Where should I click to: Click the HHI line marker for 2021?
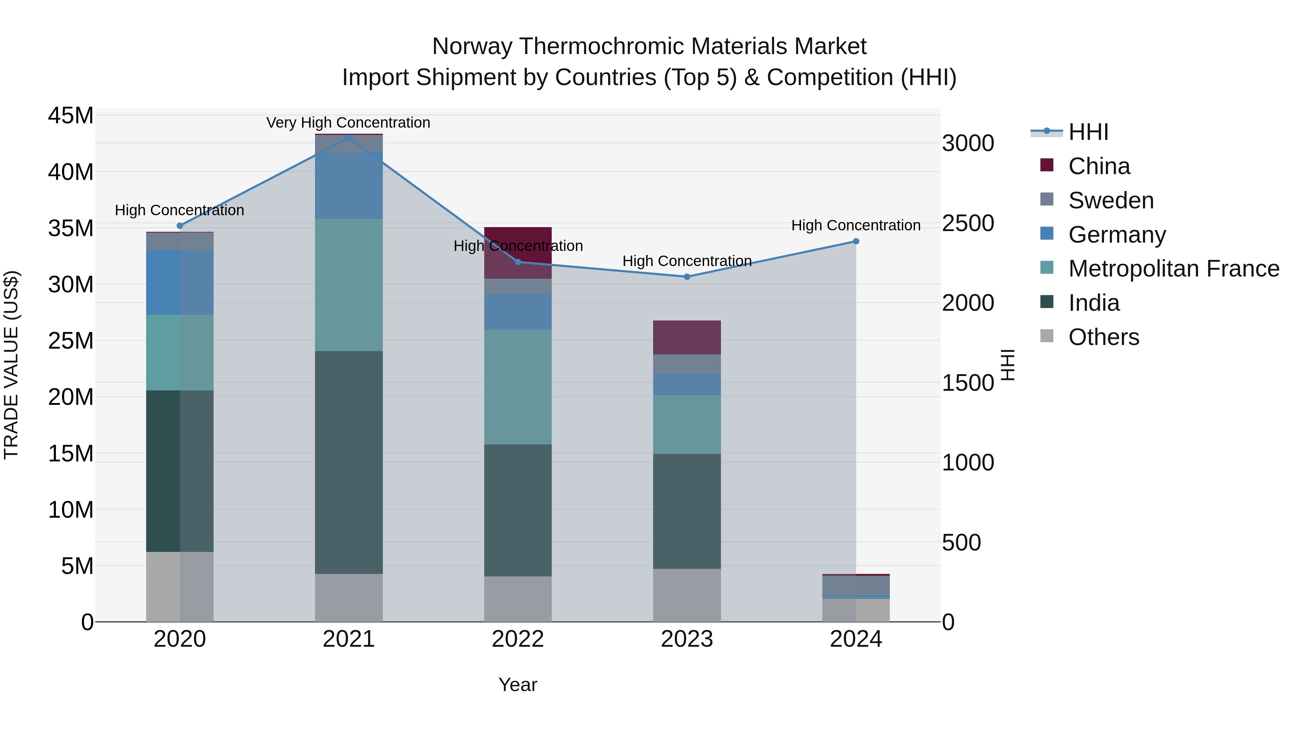pyautogui.click(x=349, y=138)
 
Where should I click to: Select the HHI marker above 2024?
pyautogui.click(x=856, y=241)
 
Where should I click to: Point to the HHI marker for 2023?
pyautogui.click(x=687, y=276)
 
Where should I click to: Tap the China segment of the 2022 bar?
pyautogui.click(x=518, y=252)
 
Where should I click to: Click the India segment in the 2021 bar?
pyautogui.click(x=349, y=462)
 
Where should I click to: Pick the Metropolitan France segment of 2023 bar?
pyautogui.click(x=687, y=424)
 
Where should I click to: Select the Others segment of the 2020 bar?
pyautogui.click(x=180, y=587)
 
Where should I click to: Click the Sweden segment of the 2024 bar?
pyautogui.click(x=856, y=585)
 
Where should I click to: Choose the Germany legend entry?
pyautogui.click(x=1116, y=235)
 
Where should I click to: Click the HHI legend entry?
pyautogui.click(x=1088, y=132)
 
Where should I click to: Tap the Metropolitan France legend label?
pyautogui.click(x=1173, y=269)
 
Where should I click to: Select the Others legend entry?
pyautogui.click(x=1103, y=337)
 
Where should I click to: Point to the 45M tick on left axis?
pyautogui.click(x=71, y=116)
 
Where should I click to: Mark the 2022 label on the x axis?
pyautogui.click(x=518, y=639)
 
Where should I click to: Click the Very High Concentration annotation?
pyautogui.click(x=349, y=123)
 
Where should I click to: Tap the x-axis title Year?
pyautogui.click(x=518, y=685)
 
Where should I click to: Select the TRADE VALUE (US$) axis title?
pyautogui.click(x=11, y=365)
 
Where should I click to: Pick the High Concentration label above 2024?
pyautogui.click(x=856, y=225)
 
